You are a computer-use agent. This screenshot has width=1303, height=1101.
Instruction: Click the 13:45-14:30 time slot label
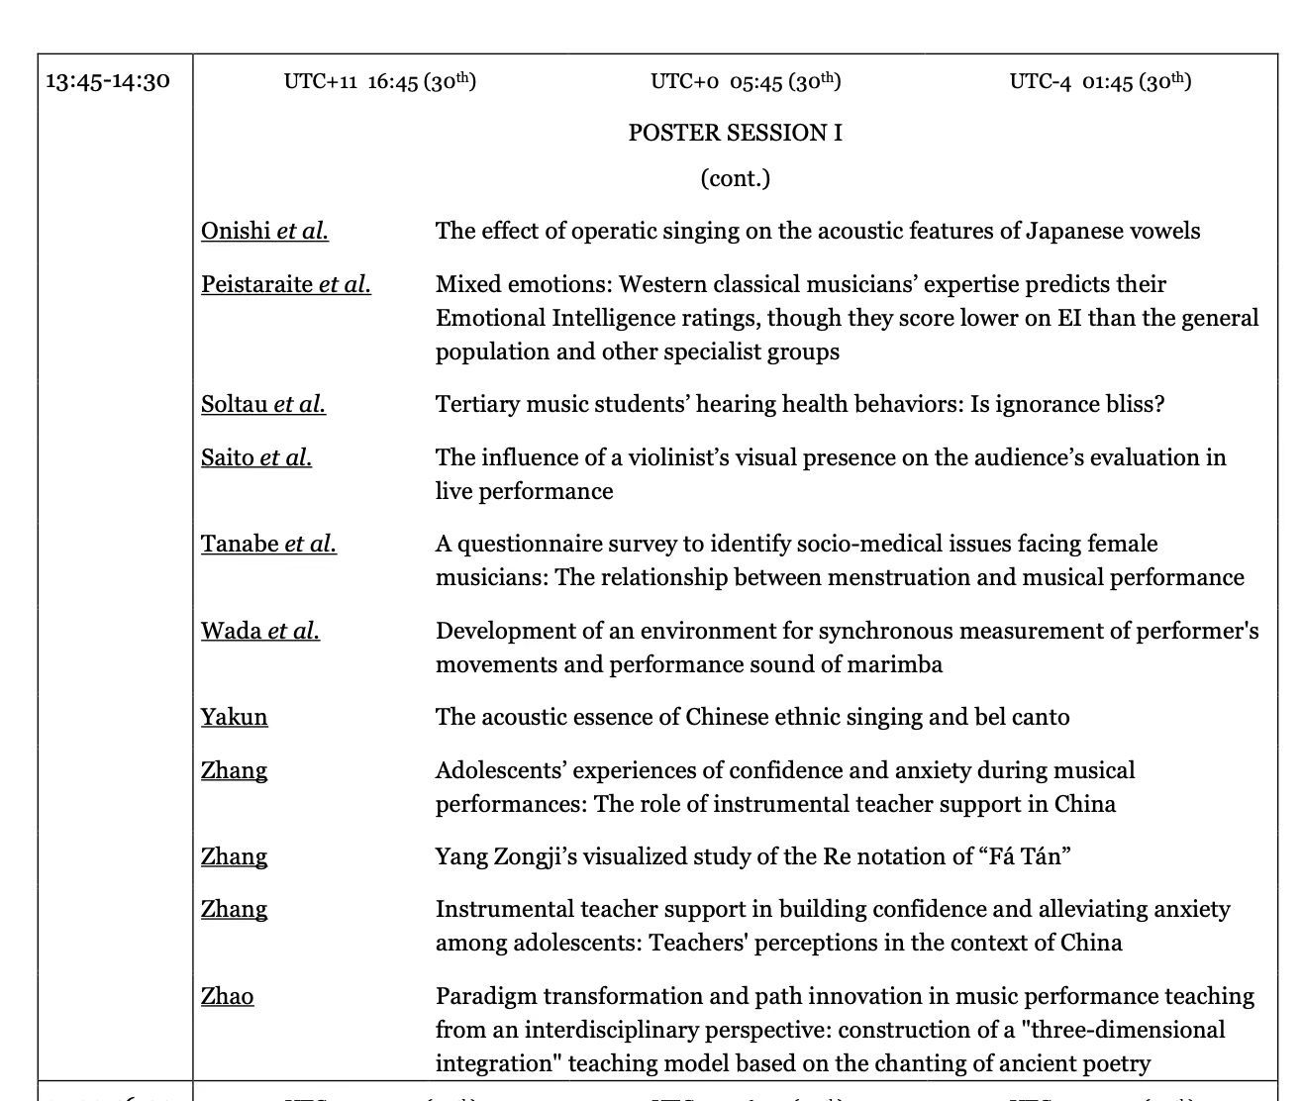point(108,80)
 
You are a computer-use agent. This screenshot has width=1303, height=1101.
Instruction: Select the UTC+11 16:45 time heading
point(379,81)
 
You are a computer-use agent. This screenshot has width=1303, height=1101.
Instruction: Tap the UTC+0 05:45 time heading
point(746,81)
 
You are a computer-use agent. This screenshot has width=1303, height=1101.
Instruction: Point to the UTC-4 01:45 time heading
point(1100,81)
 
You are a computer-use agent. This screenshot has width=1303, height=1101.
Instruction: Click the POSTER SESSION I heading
point(735,133)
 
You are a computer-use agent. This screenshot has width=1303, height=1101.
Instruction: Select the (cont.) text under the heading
point(735,178)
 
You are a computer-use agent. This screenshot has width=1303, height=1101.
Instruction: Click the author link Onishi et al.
point(264,231)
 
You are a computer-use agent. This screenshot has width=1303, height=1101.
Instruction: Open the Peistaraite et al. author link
point(285,284)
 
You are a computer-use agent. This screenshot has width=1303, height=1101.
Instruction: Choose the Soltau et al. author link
point(262,404)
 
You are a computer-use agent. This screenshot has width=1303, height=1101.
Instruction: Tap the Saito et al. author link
point(255,457)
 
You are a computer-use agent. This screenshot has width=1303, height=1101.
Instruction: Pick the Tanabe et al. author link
point(268,544)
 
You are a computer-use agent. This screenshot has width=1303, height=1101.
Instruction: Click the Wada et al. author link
point(259,631)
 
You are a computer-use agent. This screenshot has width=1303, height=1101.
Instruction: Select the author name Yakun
point(234,717)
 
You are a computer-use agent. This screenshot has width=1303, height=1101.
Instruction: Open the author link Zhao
point(227,996)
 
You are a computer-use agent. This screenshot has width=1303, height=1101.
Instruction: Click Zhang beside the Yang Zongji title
point(234,856)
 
